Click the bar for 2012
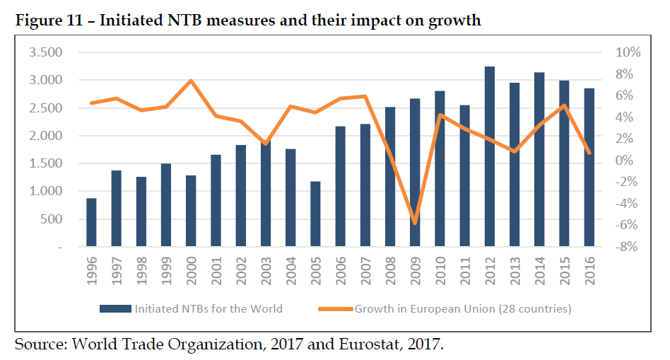pos(489,157)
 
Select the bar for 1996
pos(92,223)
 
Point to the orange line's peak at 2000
pos(191,81)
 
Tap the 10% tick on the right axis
pos(628,52)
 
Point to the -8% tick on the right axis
pos(628,248)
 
